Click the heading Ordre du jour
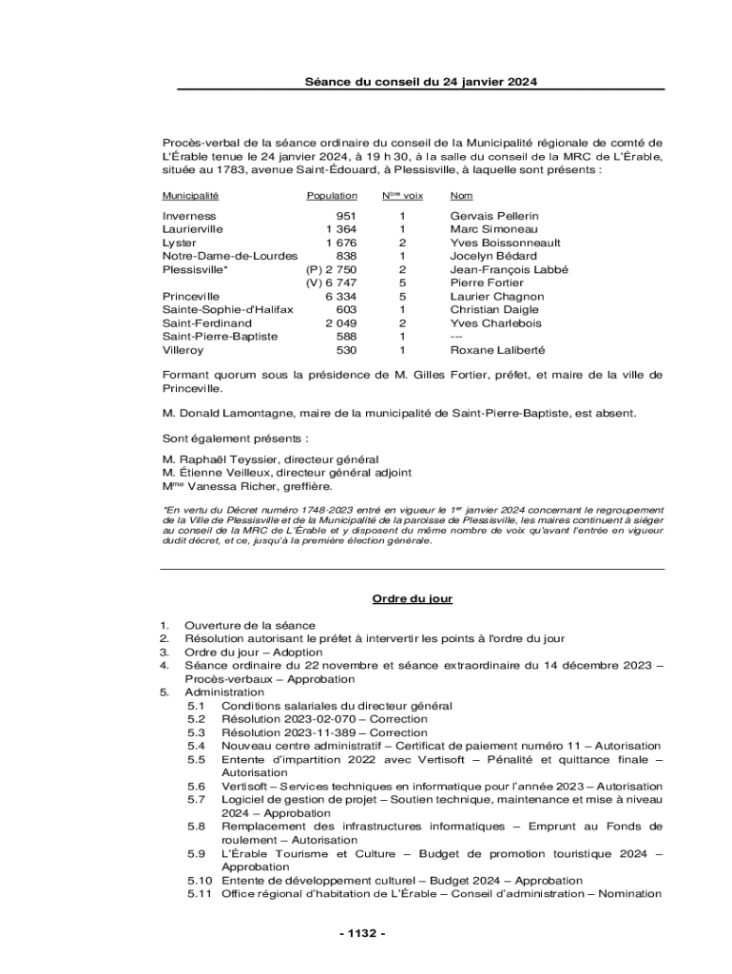(x=412, y=598)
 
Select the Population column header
(x=332, y=196)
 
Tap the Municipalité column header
(x=190, y=196)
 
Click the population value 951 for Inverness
(x=346, y=216)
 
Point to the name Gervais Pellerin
(x=493, y=216)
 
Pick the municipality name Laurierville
(x=193, y=229)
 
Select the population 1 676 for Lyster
(x=340, y=243)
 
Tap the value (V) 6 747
(x=331, y=282)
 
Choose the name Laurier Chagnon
(x=496, y=296)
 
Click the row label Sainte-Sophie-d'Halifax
(x=227, y=309)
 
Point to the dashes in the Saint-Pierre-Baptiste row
(x=458, y=336)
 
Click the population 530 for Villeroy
(x=346, y=349)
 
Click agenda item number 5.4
(x=197, y=746)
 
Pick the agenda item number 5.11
(x=200, y=893)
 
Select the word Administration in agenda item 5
(x=224, y=692)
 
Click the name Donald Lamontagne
(x=238, y=413)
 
